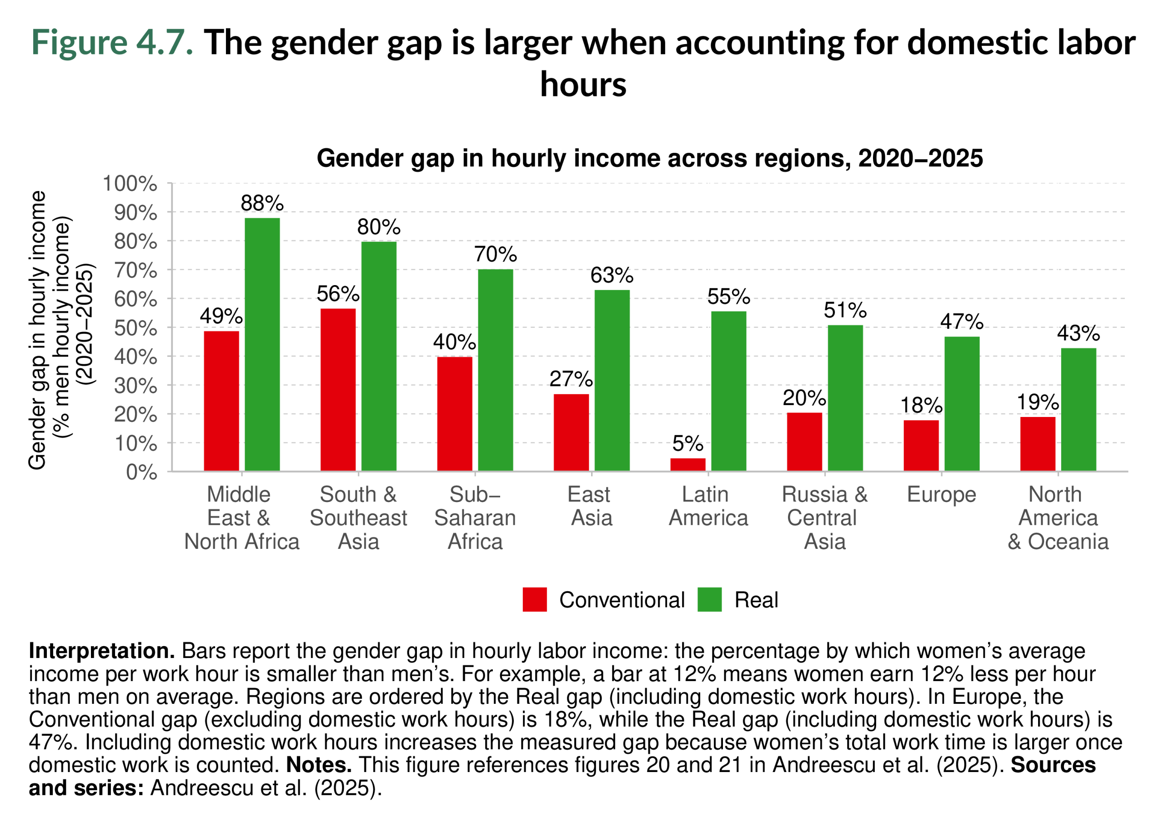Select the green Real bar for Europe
pos(962,403)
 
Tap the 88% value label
pos(262,203)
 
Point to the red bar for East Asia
pos(571,432)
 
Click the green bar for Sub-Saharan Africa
pos(495,370)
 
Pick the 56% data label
pos(337,294)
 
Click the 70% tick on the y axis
pos(135,270)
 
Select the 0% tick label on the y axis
pos(141,472)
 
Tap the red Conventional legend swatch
pos(534,600)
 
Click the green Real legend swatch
pos(709,600)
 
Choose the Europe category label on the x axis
pos(941,495)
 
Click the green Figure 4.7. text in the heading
pos(112,42)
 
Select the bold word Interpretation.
pos(101,651)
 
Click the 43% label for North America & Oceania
pos(1078,333)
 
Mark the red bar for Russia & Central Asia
pos(804,442)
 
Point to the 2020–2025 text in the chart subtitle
pos(920,159)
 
